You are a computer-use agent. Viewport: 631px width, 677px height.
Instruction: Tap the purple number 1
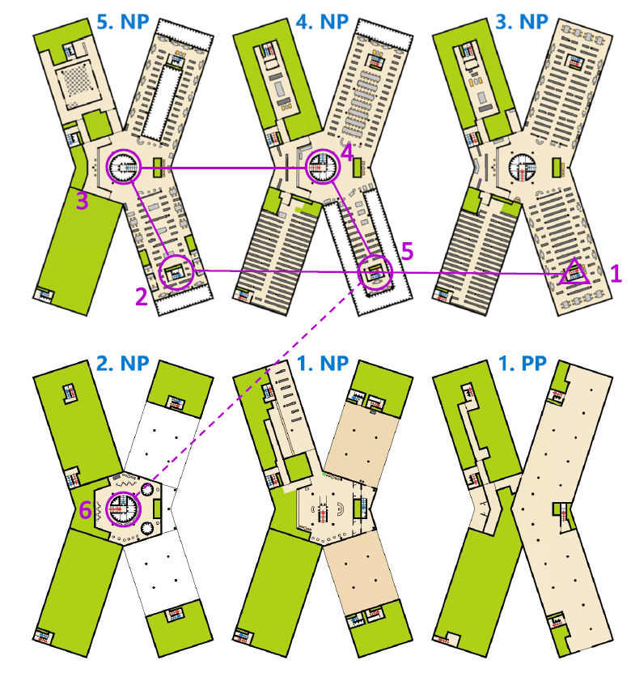pyautogui.click(x=616, y=274)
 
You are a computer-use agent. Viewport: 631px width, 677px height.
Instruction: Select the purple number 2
pyautogui.click(x=142, y=296)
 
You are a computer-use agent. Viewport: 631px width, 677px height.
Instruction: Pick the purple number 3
pyautogui.click(x=82, y=201)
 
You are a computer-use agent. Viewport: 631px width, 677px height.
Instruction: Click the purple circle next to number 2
pyautogui.click(x=176, y=273)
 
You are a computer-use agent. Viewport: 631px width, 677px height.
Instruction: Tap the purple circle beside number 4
pyautogui.click(x=320, y=168)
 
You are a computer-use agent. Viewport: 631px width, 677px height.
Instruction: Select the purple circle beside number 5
pyautogui.click(x=375, y=272)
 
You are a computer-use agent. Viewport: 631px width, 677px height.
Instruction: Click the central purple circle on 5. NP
pyautogui.click(x=125, y=167)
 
